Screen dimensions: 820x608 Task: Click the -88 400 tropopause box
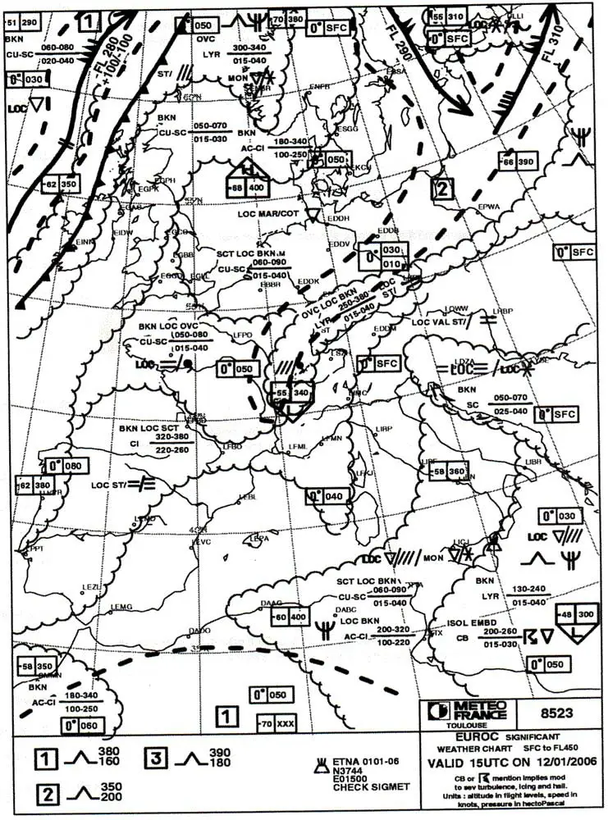point(249,188)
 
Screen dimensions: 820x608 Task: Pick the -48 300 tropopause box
point(578,615)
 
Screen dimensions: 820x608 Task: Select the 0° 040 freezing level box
point(324,496)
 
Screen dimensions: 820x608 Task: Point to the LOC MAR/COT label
point(268,214)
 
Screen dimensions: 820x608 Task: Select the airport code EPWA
point(488,207)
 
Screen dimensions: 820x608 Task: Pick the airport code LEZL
point(91,587)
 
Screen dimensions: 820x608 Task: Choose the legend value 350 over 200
point(109,792)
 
